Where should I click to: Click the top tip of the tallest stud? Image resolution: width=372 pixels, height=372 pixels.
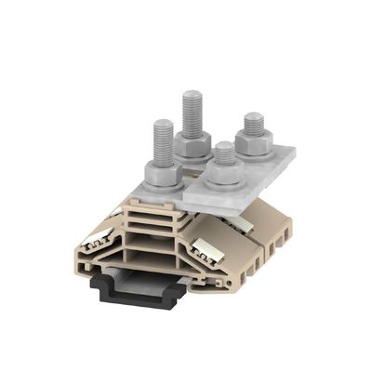tap(193, 94)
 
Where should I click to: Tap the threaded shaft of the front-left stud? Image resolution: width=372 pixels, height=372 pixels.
tap(161, 141)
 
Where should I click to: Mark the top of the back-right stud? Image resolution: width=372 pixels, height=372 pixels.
tap(253, 117)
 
